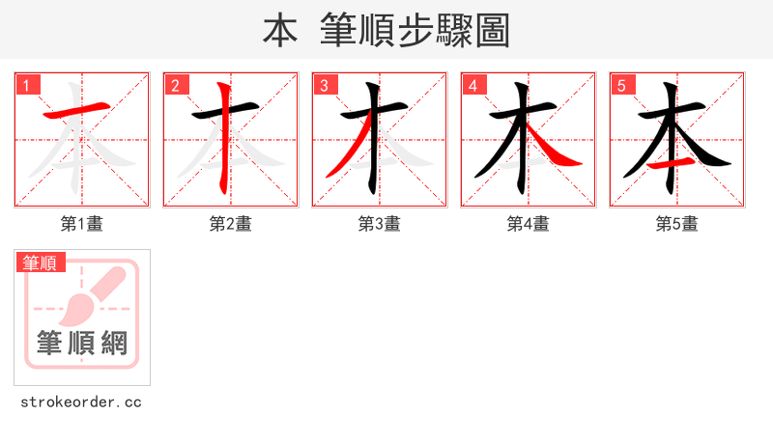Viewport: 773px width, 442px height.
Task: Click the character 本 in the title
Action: [280, 31]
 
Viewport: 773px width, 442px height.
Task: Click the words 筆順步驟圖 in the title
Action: [417, 31]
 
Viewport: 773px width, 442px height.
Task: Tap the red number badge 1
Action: [26, 85]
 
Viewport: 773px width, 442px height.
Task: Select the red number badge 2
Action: [175, 85]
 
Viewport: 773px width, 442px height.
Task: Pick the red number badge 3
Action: [324, 85]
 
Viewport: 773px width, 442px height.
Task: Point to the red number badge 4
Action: [472, 85]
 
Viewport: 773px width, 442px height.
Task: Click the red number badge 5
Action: [621, 85]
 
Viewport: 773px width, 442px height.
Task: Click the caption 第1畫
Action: [82, 224]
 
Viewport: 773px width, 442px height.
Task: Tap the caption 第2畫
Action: [231, 224]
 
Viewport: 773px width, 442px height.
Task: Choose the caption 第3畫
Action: [380, 224]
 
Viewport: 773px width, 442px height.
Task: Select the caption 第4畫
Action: [529, 224]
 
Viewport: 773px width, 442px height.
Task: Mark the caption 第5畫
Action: [677, 224]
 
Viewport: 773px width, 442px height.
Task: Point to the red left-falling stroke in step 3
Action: [348, 152]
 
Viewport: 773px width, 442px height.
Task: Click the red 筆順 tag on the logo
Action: [41, 262]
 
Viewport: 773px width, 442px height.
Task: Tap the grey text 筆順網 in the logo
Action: [82, 343]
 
